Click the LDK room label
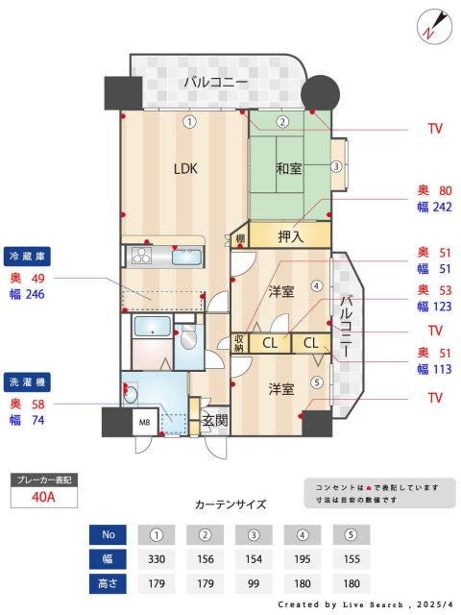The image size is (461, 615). click(x=185, y=168)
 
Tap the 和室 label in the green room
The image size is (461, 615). click(x=289, y=169)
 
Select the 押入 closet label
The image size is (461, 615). click(x=291, y=234)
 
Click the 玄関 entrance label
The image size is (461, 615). click(x=214, y=420)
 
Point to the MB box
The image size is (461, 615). click(x=146, y=422)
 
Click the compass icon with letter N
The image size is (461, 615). click(x=432, y=26)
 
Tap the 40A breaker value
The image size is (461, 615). click(x=43, y=497)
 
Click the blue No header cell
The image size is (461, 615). click(x=108, y=534)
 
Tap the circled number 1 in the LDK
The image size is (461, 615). click(x=190, y=122)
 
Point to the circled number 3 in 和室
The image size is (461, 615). click(x=336, y=166)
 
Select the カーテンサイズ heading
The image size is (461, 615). click(x=230, y=504)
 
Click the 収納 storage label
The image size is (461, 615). click(x=239, y=342)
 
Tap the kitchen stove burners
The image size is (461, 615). click(x=140, y=256)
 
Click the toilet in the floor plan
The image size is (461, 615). click(x=187, y=336)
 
